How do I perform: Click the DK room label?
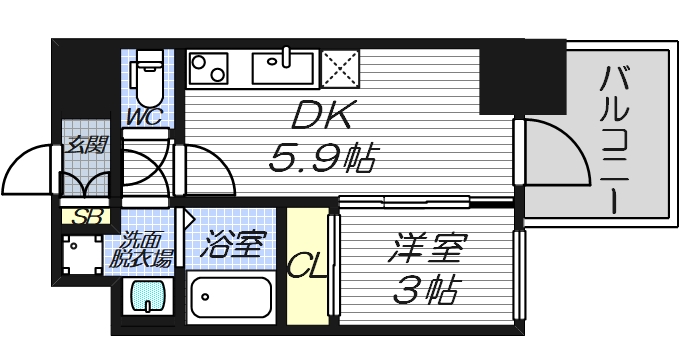(321, 117)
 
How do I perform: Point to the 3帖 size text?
(424, 290)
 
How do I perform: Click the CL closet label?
(305, 264)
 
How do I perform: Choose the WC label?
(144, 117)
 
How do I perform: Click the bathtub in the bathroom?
(230, 297)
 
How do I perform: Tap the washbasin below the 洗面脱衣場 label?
(148, 297)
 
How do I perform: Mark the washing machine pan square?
(79, 256)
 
